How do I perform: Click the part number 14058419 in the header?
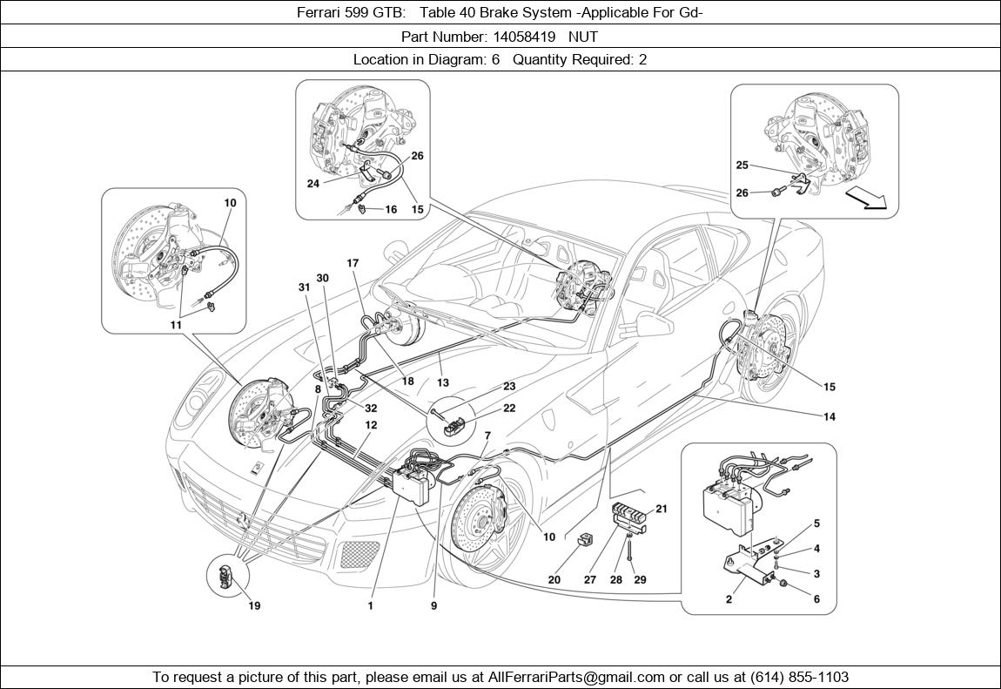pyautogui.click(x=520, y=37)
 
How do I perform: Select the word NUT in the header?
pyautogui.click(x=585, y=37)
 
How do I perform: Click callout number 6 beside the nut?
pyautogui.click(x=816, y=599)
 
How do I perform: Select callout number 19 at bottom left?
pyautogui.click(x=254, y=605)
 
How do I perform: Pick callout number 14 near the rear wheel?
pyautogui.click(x=829, y=417)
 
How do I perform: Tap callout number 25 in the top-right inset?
pyautogui.click(x=742, y=165)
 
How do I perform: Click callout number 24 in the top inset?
pyautogui.click(x=313, y=184)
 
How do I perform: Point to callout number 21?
pyautogui.click(x=662, y=510)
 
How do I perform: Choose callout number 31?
pyautogui.click(x=304, y=287)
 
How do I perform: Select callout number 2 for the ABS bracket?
pyautogui.click(x=729, y=599)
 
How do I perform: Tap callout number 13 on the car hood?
pyautogui.click(x=443, y=382)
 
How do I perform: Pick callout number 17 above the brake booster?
pyautogui.click(x=353, y=262)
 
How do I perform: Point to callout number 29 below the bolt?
pyautogui.click(x=640, y=579)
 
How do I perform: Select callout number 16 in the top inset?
pyautogui.click(x=391, y=210)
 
